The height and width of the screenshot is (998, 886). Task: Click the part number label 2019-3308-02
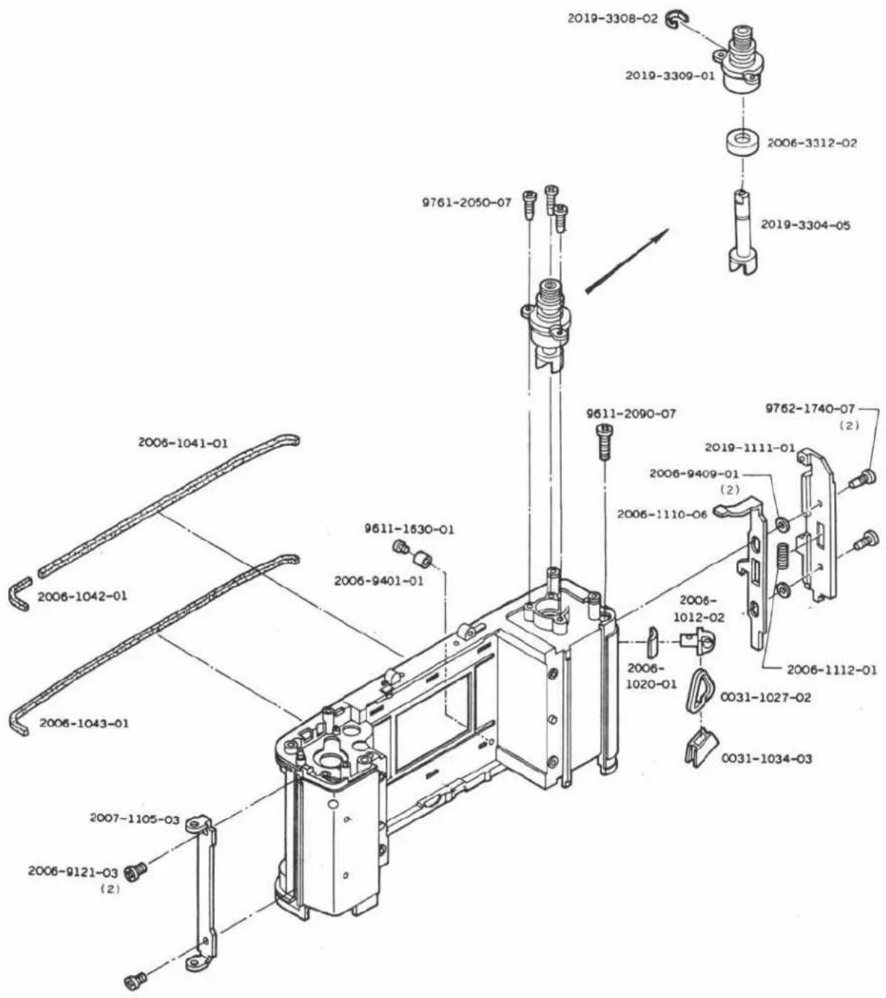(x=613, y=19)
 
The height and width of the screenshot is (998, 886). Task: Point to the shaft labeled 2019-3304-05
(x=742, y=232)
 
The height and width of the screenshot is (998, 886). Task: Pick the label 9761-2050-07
(x=467, y=202)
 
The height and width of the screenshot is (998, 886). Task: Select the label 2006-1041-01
(x=183, y=443)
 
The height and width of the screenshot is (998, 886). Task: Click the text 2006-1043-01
(x=84, y=723)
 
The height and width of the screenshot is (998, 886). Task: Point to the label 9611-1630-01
(x=409, y=529)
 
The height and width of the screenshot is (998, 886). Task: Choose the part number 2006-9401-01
(x=379, y=580)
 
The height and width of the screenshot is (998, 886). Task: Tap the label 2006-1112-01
(x=832, y=669)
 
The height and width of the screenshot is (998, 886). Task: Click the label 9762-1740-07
(x=810, y=409)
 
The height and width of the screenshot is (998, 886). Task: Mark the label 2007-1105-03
(x=135, y=817)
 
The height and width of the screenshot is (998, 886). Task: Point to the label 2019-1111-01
(x=750, y=447)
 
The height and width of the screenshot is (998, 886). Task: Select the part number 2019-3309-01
(x=670, y=76)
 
